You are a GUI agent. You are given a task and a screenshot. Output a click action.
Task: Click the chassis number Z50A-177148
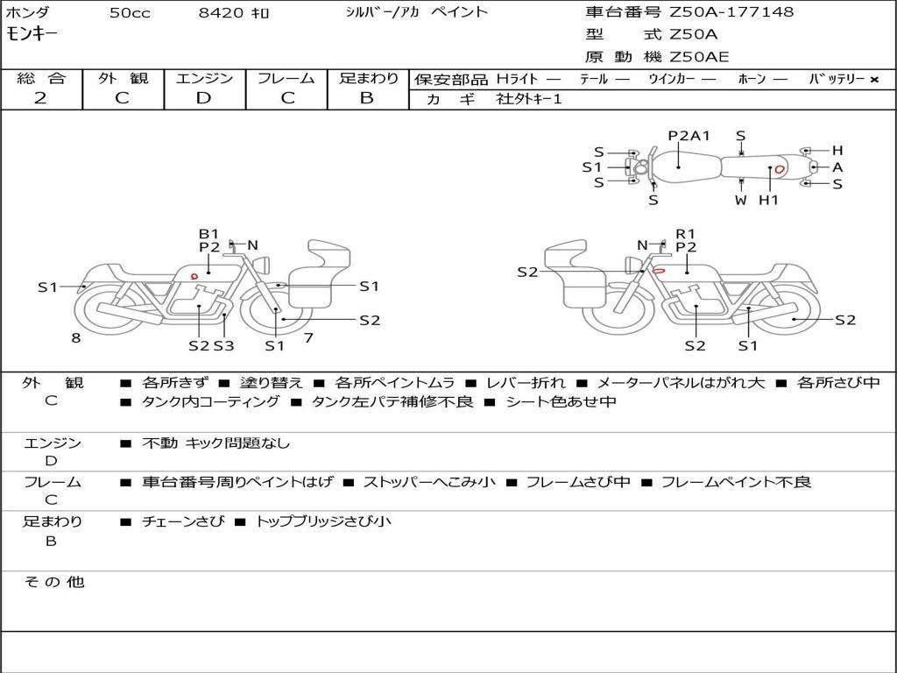tap(731, 12)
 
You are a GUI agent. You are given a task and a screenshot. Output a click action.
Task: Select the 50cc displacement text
tap(128, 13)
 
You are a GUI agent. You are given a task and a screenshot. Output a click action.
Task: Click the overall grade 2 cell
tap(40, 98)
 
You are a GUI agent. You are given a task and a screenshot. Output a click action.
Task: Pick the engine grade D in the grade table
tap(203, 98)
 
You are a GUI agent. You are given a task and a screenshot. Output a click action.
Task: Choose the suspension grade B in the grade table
tap(367, 98)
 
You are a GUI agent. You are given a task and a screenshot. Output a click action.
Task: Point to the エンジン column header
tap(204, 78)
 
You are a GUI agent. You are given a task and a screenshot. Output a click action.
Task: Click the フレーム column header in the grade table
tap(286, 78)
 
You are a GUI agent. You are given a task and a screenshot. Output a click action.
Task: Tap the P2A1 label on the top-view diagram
tap(689, 136)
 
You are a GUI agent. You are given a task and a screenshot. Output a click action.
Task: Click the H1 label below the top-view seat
tap(768, 201)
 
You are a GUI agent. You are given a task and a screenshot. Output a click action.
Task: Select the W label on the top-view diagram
tap(741, 201)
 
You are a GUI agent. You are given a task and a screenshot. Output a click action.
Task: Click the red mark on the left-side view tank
tap(194, 276)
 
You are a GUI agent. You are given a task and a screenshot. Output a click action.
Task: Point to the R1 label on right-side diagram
tap(685, 234)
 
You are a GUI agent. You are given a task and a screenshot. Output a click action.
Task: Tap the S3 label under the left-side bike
tap(224, 345)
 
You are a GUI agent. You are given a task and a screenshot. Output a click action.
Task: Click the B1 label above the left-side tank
tap(208, 234)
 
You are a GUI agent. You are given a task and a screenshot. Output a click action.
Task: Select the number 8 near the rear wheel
tap(76, 336)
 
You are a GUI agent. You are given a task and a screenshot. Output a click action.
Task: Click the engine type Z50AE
tap(699, 57)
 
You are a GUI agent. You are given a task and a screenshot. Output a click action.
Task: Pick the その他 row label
tap(54, 582)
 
